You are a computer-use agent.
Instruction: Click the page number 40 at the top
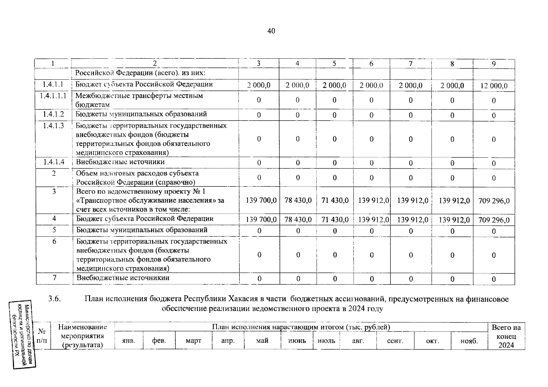(x=271, y=31)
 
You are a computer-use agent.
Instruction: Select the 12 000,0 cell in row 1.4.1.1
(x=494, y=86)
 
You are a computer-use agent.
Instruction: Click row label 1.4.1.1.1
(x=54, y=96)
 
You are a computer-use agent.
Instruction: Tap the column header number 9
(x=493, y=64)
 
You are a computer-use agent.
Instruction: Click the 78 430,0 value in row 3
(x=298, y=200)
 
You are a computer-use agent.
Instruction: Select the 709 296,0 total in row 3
(x=494, y=201)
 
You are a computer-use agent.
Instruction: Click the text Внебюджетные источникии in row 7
(x=123, y=278)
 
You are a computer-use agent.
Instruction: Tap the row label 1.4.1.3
(x=54, y=126)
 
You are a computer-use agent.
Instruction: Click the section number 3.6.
(x=55, y=299)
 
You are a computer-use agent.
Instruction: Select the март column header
(x=193, y=341)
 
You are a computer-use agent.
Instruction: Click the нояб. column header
(x=469, y=341)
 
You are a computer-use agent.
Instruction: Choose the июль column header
(x=326, y=341)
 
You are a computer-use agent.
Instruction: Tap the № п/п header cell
(x=42, y=336)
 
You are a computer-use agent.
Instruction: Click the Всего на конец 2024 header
(x=506, y=336)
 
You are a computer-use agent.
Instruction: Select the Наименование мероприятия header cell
(x=82, y=336)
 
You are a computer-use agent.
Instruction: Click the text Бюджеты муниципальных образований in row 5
(x=142, y=230)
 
